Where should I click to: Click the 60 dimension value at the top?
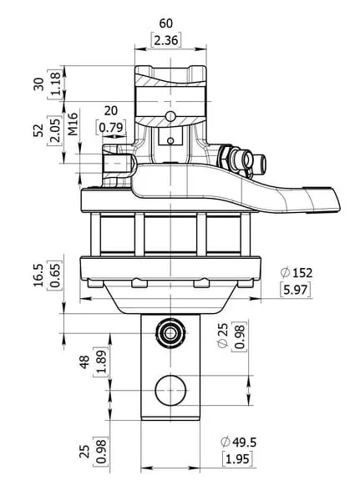165,23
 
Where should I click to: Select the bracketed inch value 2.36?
165,40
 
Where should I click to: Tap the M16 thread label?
74,124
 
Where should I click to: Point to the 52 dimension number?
38,130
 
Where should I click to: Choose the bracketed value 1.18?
55,83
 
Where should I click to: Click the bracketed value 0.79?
111,128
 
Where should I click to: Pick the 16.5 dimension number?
38,276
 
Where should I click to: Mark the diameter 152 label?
296,273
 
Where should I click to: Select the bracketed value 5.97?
296,290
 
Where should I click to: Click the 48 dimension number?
84,362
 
